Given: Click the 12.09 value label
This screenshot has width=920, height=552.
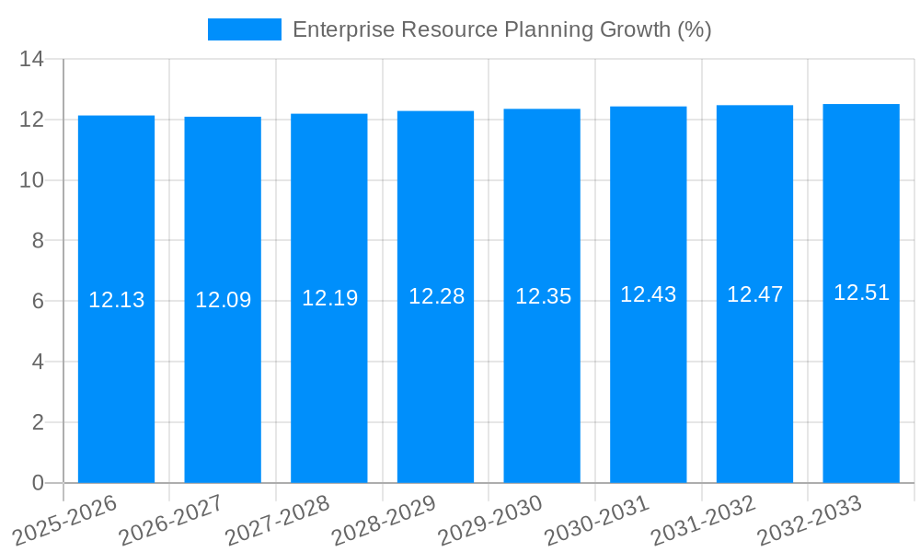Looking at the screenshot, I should click(223, 300).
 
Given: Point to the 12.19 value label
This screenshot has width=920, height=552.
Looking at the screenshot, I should click(329, 298).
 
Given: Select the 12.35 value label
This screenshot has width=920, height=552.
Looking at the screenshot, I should click(543, 296).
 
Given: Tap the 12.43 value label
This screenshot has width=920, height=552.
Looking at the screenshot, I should click(648, 294).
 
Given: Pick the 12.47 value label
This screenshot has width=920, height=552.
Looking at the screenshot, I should click(754, 294).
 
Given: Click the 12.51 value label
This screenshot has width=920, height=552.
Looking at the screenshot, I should click(861, 293).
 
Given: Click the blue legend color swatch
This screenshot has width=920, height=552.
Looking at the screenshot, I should click(244, 29).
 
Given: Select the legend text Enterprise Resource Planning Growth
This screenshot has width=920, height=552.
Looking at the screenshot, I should click(501, 29).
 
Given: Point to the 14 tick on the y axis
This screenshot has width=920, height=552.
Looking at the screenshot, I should click(32, 60).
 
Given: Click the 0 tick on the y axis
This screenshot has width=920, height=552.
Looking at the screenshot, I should click(38, 483).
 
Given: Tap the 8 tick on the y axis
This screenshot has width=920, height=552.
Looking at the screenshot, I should click(38, 241).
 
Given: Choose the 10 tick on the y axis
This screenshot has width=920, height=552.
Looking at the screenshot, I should click(32, 180).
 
